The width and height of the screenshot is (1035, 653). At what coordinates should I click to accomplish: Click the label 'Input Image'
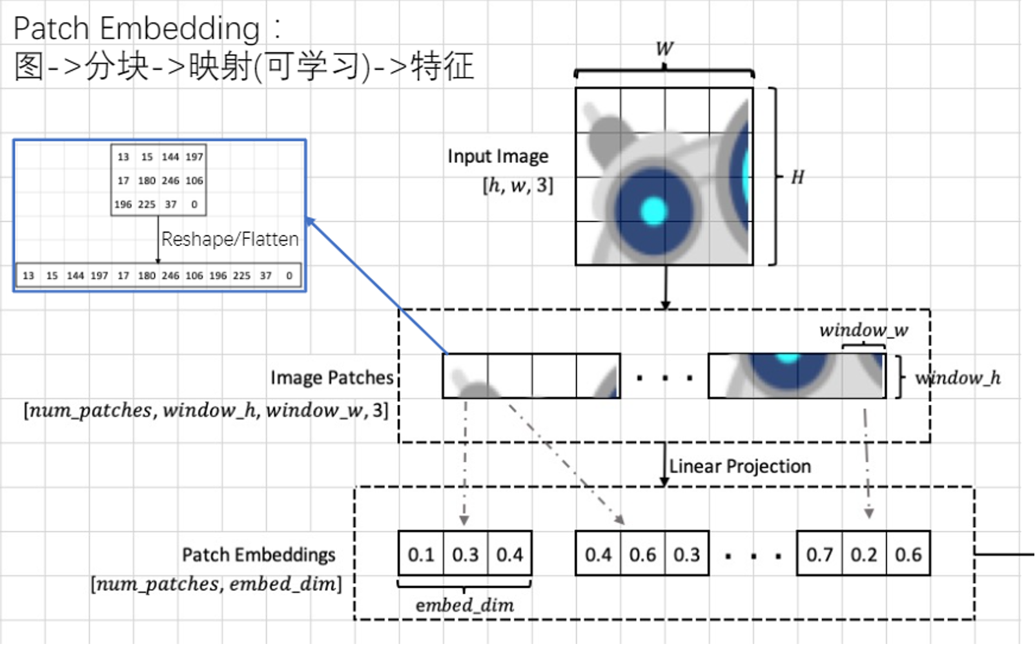click(x=498, y=157)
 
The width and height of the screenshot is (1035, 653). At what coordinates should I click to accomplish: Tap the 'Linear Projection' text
click(x=740, y=466)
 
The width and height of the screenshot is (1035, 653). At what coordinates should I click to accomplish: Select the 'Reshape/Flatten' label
click(x=230, y=239)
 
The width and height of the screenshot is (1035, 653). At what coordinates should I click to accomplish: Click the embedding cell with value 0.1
click(x=421, y=554)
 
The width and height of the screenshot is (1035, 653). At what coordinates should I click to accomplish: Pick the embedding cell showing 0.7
click(x=819, y=554)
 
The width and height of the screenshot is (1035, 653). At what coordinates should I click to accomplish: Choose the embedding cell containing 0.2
click(x=864, y=554)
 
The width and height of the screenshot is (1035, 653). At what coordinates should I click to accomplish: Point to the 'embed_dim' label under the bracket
click(x=465, y=605)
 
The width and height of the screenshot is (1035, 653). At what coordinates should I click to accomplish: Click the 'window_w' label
click(x=864, y=330)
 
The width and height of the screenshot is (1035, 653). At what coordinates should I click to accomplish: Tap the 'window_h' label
click(x=958, y=378)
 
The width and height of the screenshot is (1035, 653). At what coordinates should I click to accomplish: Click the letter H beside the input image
click(x=798, y=177)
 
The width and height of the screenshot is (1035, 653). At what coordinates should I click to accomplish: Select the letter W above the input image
click(x=664, y=48)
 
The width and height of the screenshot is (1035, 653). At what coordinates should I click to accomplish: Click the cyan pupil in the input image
click(x=653, y=211)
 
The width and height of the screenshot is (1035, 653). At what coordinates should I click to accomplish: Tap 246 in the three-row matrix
click(x=170, y=181)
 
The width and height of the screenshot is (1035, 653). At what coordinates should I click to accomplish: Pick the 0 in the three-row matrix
click(x=194, y=205)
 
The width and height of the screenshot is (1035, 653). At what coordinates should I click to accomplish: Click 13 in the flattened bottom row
click(x=28, y=276)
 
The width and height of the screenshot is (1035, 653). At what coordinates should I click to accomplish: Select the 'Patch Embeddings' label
click(x=259, y=555)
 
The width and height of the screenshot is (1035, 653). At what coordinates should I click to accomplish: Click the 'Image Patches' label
click(x=332, y=378)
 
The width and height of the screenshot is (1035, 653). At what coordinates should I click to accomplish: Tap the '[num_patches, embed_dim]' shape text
click(x=216, y=584)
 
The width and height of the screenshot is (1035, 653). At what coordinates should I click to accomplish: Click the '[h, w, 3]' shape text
click(x=518, y=186)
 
